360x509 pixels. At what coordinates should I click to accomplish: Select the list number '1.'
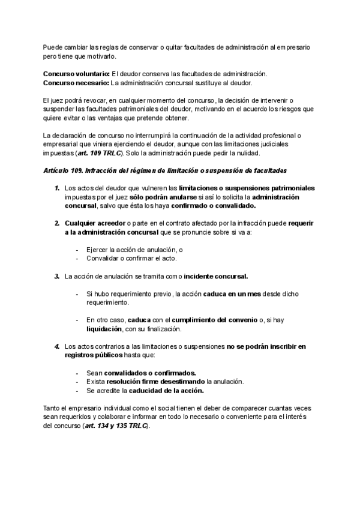(57, 188)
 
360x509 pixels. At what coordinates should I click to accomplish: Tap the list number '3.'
(57, 276)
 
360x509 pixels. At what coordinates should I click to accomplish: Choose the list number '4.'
(57, 346)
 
